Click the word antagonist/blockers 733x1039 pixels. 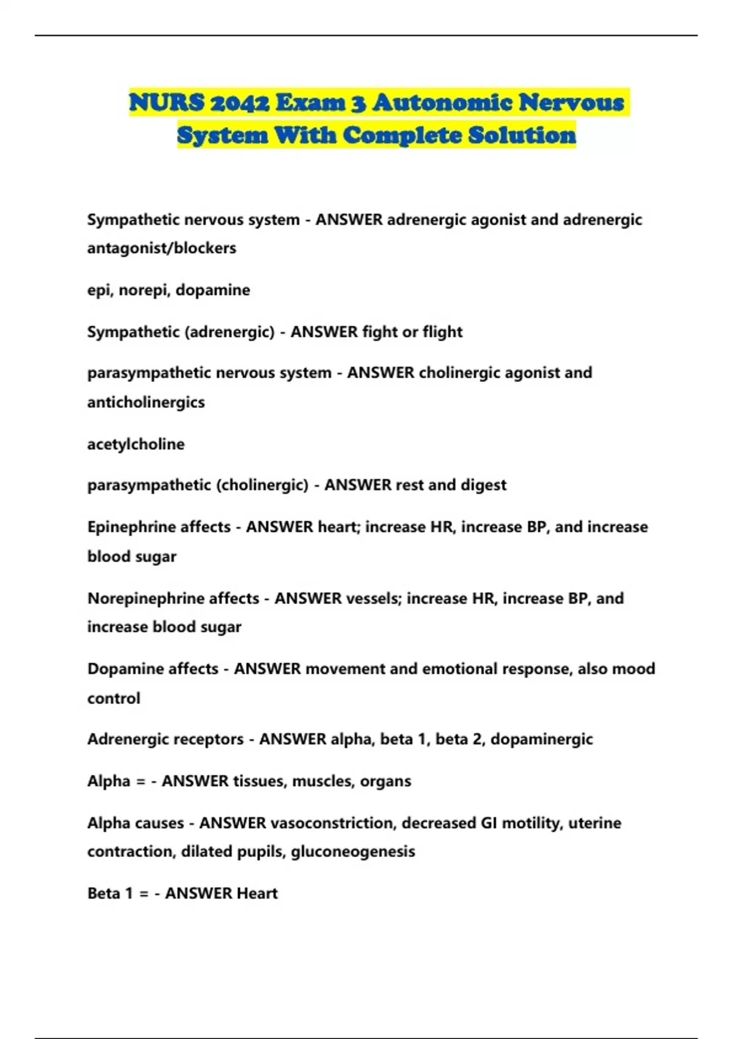point(161,248)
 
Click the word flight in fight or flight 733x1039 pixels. point(442,332)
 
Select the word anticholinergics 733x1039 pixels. point(146,402)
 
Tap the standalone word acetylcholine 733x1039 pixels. point(136,444)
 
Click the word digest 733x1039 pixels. point(483,485)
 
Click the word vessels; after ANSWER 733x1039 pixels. point(373,598)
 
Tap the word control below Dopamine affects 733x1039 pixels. point(114,699)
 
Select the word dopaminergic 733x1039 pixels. point(541,740)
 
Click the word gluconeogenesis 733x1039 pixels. point(353,852)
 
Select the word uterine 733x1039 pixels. point(594,823)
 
